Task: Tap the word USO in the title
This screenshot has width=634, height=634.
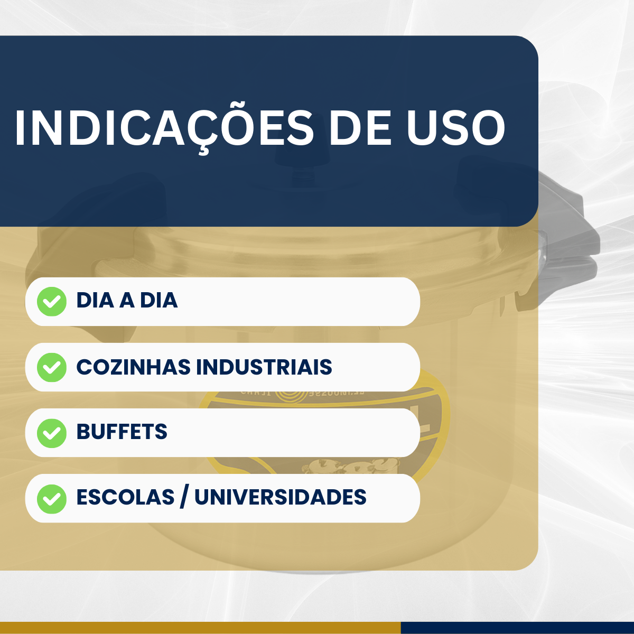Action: click(455, 128)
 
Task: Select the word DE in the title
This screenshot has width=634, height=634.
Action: click(360, 128)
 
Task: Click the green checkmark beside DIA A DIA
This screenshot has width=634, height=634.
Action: click(52, 302)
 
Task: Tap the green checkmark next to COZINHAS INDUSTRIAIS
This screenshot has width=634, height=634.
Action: click(52, 367)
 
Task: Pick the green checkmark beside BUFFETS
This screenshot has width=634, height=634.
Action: click(52, 433)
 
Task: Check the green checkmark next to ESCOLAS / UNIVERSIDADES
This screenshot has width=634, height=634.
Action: click(52, 498)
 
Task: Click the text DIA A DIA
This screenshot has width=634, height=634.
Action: click(127, 301)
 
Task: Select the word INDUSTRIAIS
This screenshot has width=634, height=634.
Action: click(264, 367)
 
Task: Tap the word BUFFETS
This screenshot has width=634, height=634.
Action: click(122, 432)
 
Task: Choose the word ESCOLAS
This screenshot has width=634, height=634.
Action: click(125, 497)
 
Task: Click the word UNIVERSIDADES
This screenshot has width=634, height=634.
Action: click(281, 497)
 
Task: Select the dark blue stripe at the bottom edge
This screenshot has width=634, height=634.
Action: click(517, 628)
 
